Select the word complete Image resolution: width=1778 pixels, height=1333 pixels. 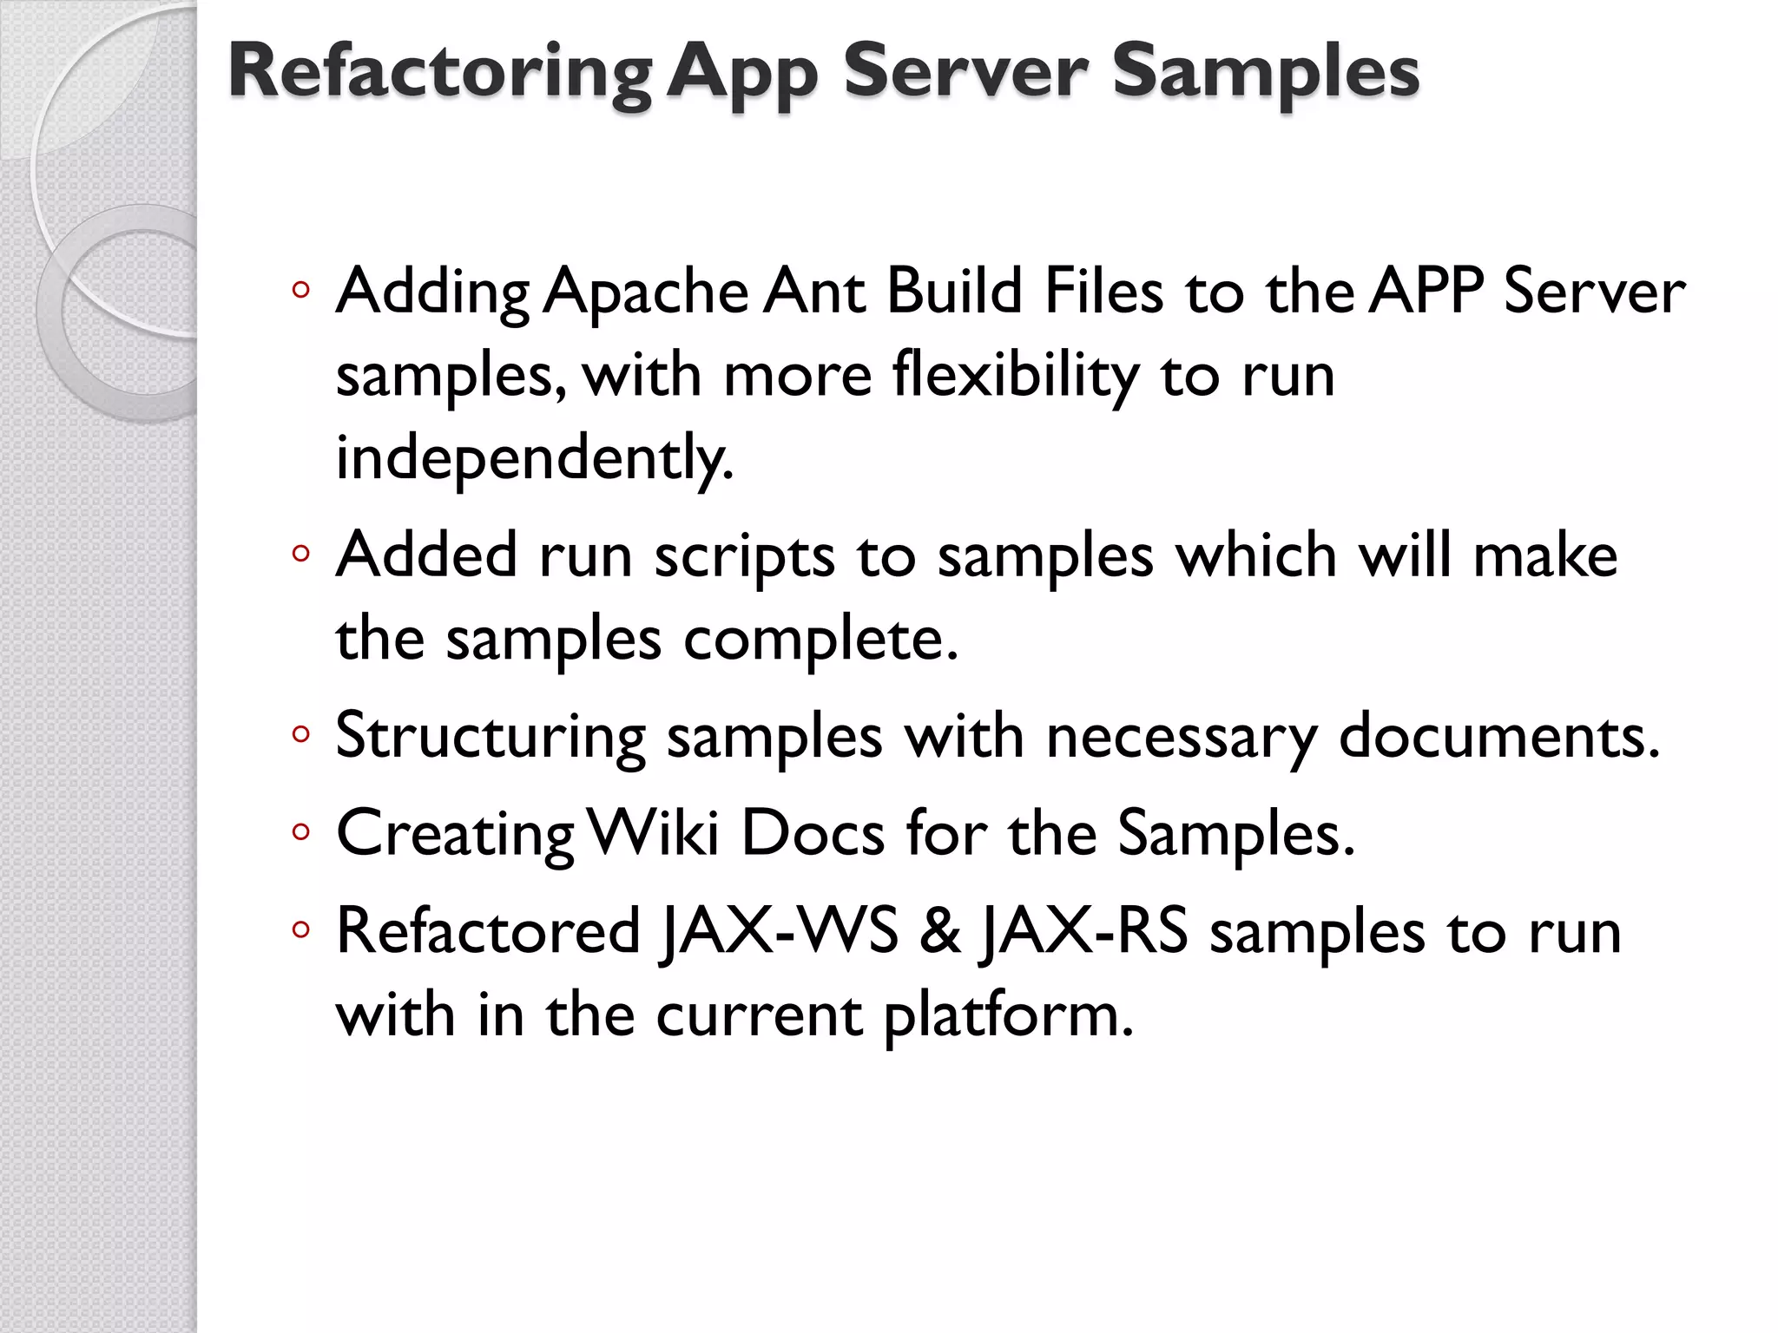[x=820, y=640]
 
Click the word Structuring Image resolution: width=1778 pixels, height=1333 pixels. [x=491, y=737]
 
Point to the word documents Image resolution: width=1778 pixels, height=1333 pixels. [x=1498, y=737]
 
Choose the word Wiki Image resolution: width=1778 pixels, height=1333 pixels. [x=654, y=834]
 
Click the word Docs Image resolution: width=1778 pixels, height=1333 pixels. [x=813, y=834]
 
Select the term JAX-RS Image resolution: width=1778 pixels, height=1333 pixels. [x=1083, y=931]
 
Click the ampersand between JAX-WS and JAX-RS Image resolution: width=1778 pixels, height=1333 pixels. [x=939, y=931]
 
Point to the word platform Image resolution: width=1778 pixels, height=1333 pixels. [x=1008, y=1015]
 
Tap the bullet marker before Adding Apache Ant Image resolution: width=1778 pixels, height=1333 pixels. [x=300, y=291]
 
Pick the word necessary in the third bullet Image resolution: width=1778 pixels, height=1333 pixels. [x=1182, y=737]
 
